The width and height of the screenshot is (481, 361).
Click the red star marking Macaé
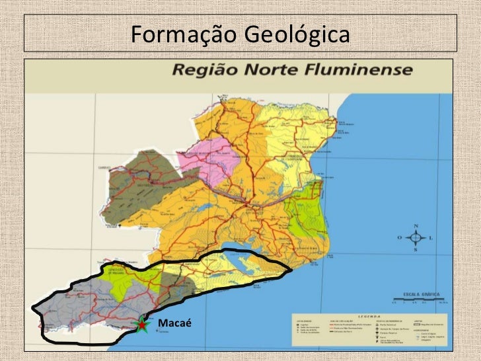coord(141,325)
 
